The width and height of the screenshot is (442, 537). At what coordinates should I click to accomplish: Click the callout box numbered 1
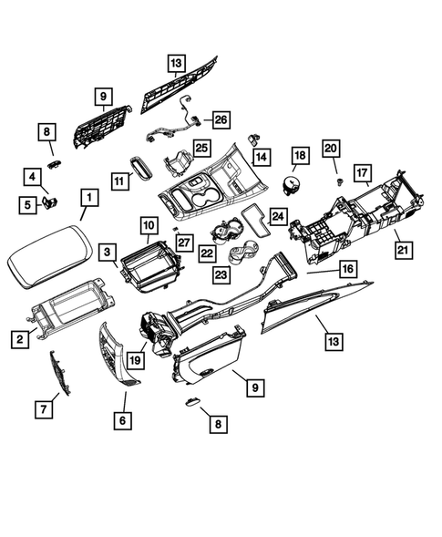pos(90,197)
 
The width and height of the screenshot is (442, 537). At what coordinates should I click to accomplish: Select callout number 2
pos(18,339)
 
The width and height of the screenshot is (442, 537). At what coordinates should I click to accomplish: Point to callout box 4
pos(32,177)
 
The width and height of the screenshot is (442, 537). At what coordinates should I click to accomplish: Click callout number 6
pos(124,419)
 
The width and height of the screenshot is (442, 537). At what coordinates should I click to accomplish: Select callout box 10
pos(148,223)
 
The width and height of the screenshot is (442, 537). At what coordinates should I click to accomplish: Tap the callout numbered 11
pos(120,181)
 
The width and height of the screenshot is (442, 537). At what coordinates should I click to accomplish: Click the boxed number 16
pos(347,269)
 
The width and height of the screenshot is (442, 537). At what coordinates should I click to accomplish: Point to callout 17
pos(363,172)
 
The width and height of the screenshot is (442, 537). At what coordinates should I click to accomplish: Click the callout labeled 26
pos(221,118)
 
